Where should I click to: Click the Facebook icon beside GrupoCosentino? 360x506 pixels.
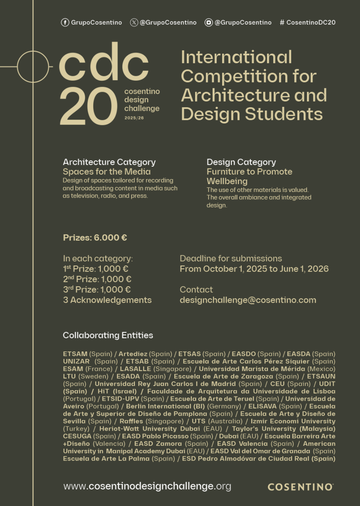tap(65, 23)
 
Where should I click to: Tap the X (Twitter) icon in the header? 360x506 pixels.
tap(134, 23)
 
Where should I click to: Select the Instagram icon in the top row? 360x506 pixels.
tap(208, 23)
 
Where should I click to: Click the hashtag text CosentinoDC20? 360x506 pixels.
tap(307, 23)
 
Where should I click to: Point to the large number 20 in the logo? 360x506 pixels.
tap(88, 107)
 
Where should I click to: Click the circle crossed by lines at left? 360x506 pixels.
tap(33, 67)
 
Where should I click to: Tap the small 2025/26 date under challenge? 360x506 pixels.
tap(134, 118)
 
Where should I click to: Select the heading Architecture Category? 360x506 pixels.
tap(109, 162)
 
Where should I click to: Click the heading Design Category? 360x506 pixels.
tap(241, 162)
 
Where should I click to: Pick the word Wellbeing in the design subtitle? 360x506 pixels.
tap(227, 181)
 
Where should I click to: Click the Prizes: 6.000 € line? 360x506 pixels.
tap(95, 237)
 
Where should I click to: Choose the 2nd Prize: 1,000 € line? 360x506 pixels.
tap(97, 279)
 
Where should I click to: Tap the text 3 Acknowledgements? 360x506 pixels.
tap(107, 300)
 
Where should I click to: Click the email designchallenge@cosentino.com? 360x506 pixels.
tap(248, 300)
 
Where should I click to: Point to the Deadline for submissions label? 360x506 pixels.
tap(231, 259)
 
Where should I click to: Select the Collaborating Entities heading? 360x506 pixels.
tap(108, 335)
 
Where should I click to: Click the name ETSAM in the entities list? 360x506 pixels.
tap(75, 354)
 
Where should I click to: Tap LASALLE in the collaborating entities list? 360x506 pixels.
tap(135, 369)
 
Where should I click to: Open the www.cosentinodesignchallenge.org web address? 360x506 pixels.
tap(147, 486)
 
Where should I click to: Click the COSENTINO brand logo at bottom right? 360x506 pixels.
tap(301, 487)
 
